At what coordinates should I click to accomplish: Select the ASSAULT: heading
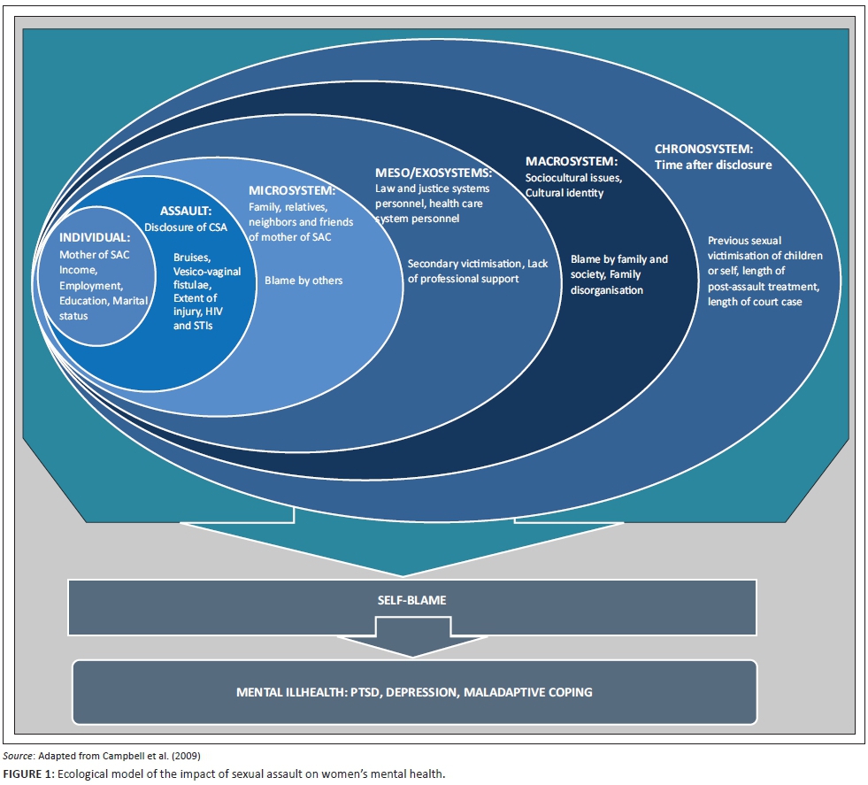click(186, 211)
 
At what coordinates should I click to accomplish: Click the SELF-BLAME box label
click(412, 600)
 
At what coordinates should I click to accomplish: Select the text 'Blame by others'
click(303, 281)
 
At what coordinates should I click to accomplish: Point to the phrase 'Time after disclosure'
click(713, 165)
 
